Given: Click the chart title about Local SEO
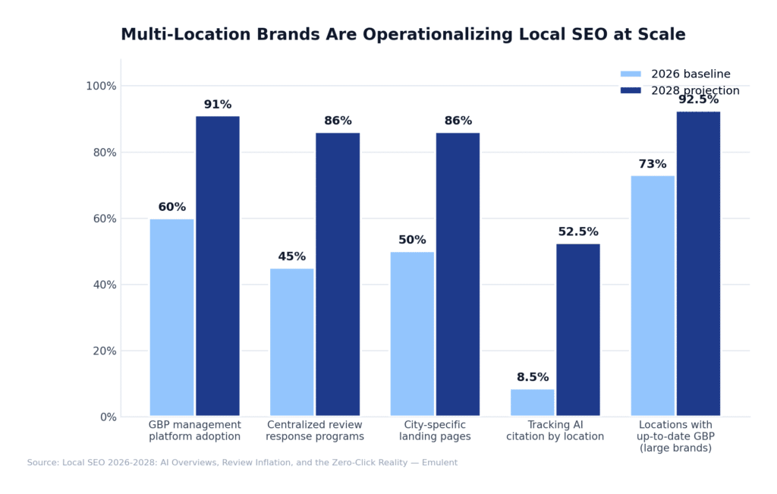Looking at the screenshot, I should (403, 35).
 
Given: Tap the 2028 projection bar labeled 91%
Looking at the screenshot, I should (218, 266).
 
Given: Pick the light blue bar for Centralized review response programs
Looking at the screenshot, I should (291, 342).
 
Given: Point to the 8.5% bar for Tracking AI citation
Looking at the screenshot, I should (533, 403).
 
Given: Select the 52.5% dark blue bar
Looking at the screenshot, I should (578, 330).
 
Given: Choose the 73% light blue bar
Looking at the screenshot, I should (653, 296).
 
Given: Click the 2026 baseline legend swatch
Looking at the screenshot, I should (631, 74).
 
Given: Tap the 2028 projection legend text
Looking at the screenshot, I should (695, 91).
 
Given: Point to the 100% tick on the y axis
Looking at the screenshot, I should (101, 86).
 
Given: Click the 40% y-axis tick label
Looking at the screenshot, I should (103, 285).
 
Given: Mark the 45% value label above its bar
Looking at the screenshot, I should (291, 256).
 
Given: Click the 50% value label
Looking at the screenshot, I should (412, 240).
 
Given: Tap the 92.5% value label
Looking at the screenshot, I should (698, 99).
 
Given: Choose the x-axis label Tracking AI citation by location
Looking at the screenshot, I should (555, 430).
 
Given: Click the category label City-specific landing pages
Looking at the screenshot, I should (435, 430).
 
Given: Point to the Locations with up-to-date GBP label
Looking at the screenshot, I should (675, 436).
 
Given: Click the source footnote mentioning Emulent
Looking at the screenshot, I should (242, 462).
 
